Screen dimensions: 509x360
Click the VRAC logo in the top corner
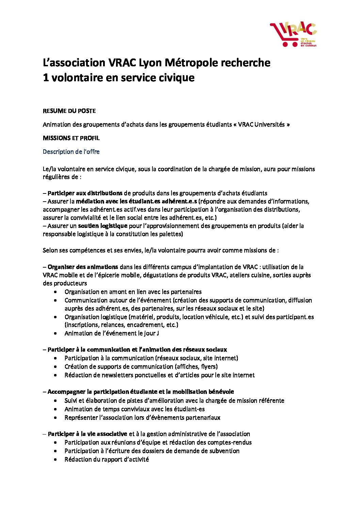(x=293, y=34)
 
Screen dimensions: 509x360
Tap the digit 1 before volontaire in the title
(x=46, y=78)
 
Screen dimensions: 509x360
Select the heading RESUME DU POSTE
(x=69, y=111)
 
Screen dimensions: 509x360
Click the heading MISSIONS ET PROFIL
(x=71, y=138)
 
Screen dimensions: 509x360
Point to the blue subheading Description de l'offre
(x=71, y=152)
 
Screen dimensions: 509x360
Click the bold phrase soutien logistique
(x=102, y=226)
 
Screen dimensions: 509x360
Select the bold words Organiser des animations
(x=83, y=267)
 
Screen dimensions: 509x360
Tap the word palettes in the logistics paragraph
(x=171, y=234)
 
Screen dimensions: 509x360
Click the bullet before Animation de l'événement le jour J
(x=55, y=334)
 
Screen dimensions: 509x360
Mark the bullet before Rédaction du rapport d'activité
(x=55, y=460)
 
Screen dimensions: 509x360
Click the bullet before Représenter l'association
(x=55, y=418)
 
